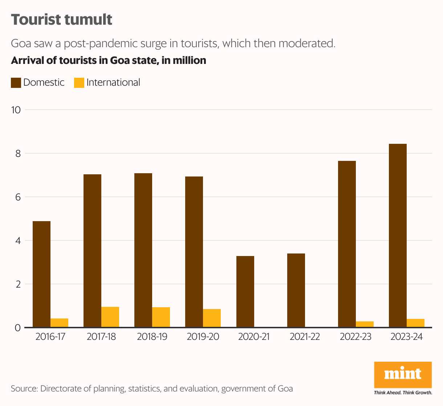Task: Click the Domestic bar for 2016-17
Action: [x=41, y=274]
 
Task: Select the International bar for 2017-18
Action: [x=110, y=317]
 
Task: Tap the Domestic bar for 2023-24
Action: [x=398, y=236]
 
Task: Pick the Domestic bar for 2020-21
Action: [x=245, y=292]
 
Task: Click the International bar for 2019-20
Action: [x=212, y=318]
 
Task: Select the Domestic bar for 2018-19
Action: [x=143, y=250]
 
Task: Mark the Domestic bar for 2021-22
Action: [x=296, y=291]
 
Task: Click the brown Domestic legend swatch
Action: [x=16, y=83]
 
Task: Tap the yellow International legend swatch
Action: [x=79, y=83]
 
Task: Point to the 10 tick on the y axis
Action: [x=16, y=110]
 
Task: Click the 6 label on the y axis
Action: [x=18, y=197]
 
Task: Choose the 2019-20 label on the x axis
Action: [x=203, y=337]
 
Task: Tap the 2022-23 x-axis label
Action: [x=355, y=337]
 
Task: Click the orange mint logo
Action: [x=403, y=374]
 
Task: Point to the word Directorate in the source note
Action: [x=60, y=389]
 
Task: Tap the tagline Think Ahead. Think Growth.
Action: [x=403, y=393]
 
